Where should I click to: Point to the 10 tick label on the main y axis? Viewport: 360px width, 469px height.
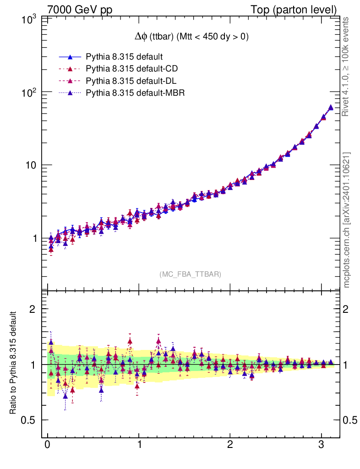[31, 165]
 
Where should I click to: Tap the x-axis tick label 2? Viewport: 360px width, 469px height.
[230, 446]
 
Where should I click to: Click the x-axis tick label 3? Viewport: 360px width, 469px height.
[322, 446]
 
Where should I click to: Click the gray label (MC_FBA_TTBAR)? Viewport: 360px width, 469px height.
[191, 274]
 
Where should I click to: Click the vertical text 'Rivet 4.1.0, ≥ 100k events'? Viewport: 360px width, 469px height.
[346, 66]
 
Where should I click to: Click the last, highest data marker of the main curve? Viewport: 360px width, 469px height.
[331, 108]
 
